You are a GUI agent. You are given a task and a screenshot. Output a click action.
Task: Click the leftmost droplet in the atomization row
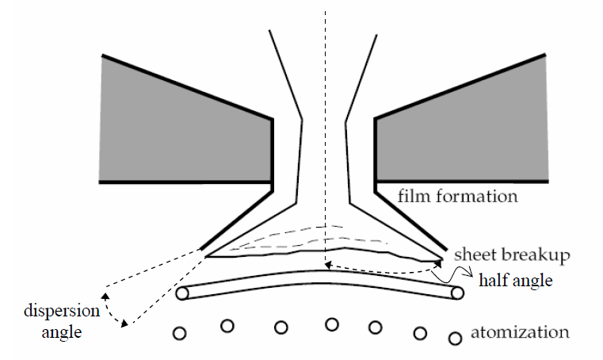coord(180,333)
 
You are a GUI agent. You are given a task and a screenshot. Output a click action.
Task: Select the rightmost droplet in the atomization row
coord(455,338)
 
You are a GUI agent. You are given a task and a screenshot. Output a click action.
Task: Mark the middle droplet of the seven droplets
coord(333,324)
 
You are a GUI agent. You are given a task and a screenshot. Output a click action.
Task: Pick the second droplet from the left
coord(227,325)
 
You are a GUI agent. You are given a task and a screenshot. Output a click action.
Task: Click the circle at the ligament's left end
coord(182,294)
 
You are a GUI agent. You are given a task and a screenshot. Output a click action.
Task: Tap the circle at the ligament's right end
coord(456,293)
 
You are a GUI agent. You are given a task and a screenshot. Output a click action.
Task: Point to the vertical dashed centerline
coord(326,119)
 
